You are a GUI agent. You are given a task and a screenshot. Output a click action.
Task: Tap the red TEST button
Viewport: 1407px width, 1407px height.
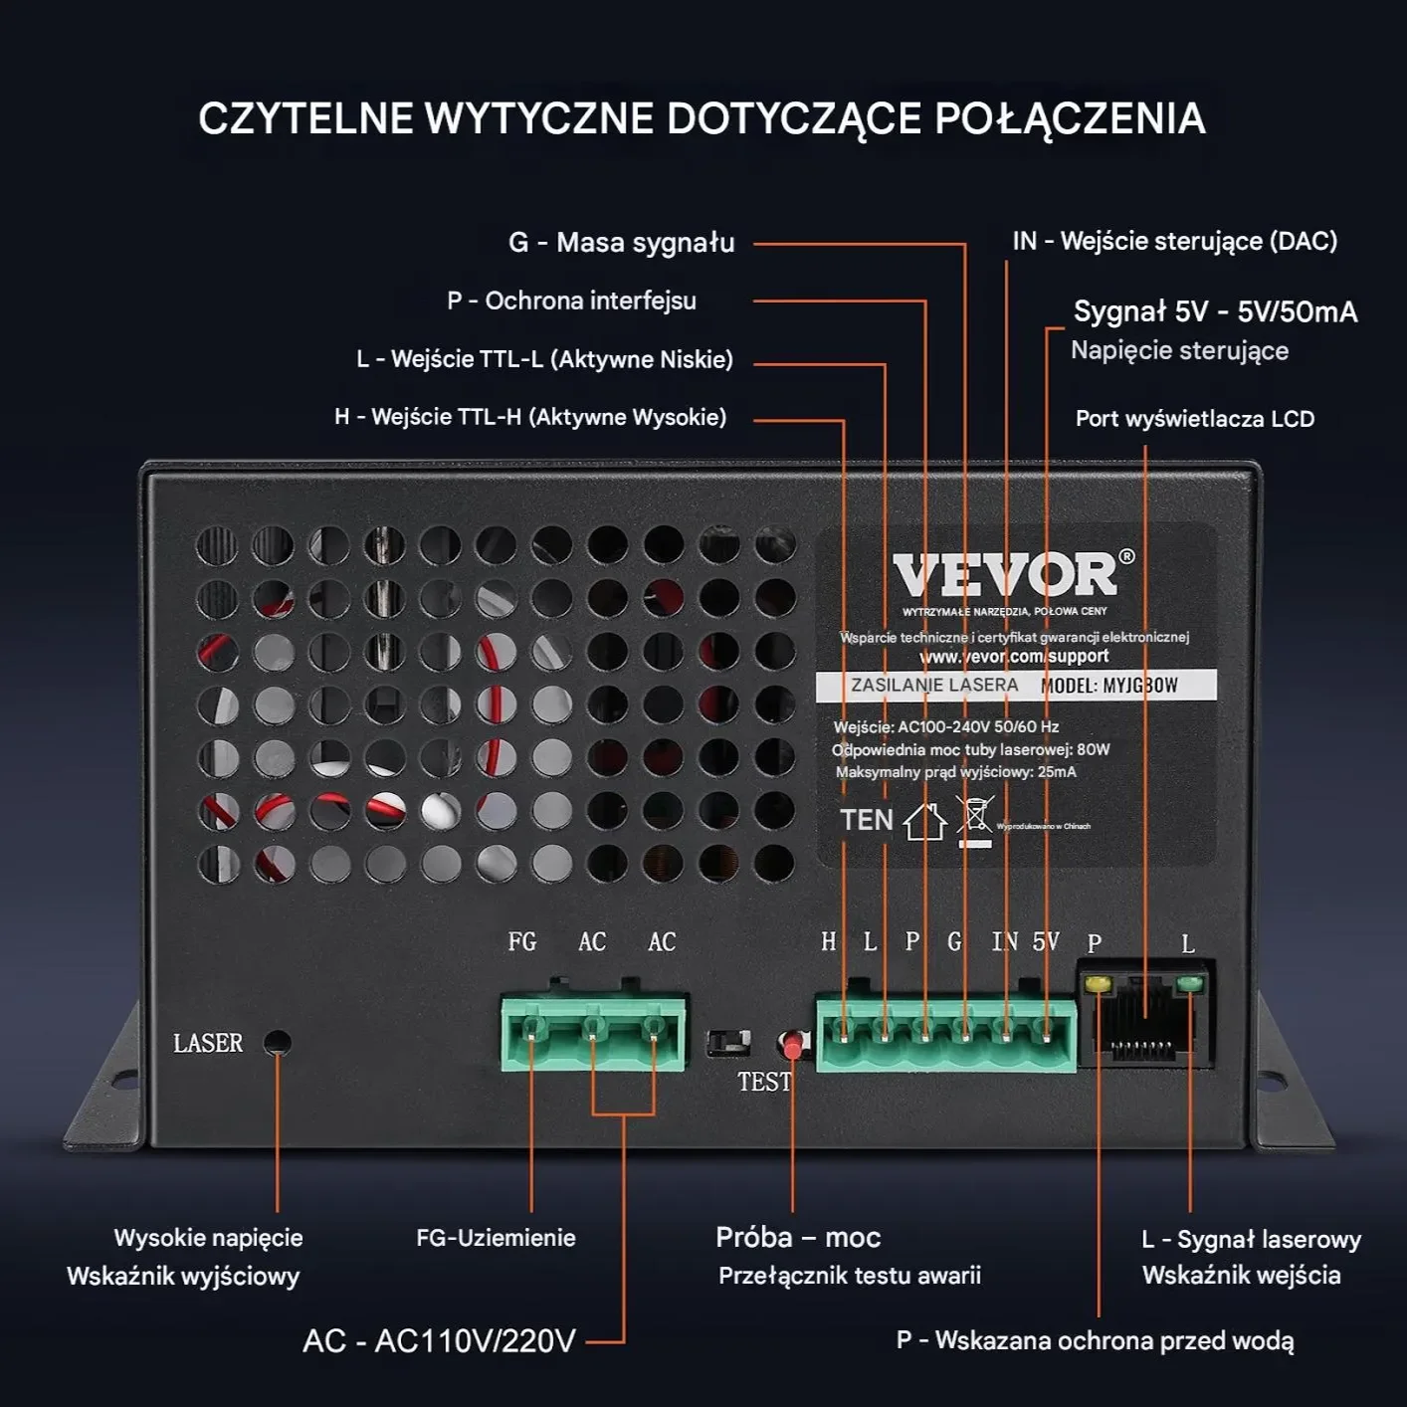(x=792, y=1045)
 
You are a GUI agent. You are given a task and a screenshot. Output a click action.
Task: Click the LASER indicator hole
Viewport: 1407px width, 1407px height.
(x=277, y=1043)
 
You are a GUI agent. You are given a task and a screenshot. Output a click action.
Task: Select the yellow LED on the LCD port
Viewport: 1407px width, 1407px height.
(x=1098, y=984)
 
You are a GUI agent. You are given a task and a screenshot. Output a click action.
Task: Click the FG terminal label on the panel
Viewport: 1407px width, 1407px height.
(x=522, y=941)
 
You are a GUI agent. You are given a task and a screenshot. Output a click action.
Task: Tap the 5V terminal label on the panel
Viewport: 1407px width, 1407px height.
(x=1046, y=941)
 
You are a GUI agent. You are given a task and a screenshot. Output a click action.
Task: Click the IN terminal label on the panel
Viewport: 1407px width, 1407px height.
(x=1004, y=941)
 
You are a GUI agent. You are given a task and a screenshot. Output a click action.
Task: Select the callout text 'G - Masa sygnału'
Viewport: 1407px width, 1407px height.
(x=621, y=243)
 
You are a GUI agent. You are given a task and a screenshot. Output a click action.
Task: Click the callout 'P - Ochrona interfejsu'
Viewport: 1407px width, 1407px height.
(x=571, y=301)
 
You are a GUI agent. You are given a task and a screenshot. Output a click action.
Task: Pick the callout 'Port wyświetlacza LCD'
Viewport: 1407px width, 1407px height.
(x=1194, y=419)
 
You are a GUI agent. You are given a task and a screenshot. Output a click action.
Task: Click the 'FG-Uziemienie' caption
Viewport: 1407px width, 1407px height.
(x=496, y=1238)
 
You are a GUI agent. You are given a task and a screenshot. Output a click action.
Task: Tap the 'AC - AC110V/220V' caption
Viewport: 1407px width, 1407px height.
(x=439, y=1341)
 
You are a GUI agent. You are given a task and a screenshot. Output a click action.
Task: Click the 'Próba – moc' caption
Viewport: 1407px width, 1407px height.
(x=798, y=1237)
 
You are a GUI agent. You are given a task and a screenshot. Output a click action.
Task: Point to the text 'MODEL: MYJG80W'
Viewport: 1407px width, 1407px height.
(x=1108, y=686)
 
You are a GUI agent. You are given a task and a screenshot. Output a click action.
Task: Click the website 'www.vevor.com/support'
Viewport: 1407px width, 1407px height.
(x=1013, y=657)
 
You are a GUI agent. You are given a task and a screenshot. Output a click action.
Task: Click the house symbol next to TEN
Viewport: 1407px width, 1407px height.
(x=924, y=821)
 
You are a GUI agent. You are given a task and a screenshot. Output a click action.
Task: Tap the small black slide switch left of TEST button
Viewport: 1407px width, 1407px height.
(x=728, y=1043)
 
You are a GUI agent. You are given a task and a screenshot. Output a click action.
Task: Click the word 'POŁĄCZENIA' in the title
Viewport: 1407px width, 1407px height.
(x=1070, y=118)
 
